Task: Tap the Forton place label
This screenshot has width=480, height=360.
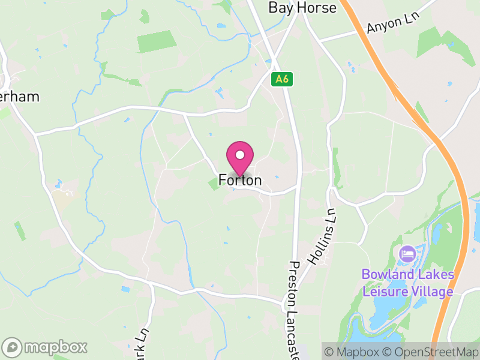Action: (240, 180)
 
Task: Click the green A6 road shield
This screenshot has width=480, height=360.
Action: (281, 79)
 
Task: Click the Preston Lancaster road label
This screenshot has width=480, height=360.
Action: (293, 309)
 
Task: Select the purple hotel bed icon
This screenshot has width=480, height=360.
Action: (407, 253)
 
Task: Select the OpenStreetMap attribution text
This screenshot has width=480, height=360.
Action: (430, 352)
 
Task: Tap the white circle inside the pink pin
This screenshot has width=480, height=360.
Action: (240, 155)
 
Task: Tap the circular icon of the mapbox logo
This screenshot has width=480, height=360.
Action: (13, 347)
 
